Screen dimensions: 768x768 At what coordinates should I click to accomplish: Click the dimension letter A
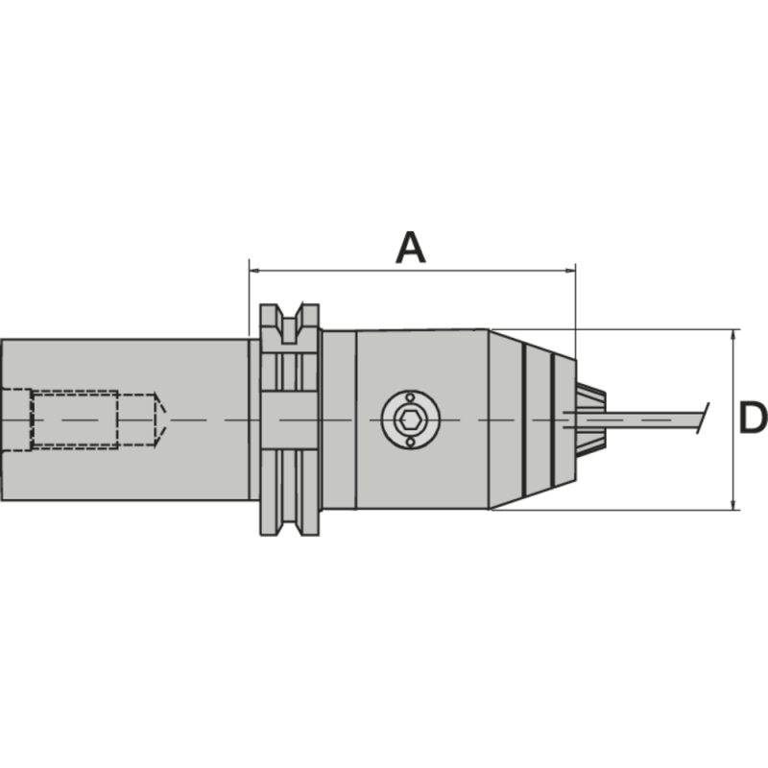(410, 248)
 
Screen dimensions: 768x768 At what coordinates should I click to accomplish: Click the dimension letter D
(753, 419)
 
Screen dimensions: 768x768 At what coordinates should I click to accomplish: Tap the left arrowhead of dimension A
(254, 272)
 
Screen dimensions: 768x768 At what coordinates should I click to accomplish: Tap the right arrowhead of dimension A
(568, 272)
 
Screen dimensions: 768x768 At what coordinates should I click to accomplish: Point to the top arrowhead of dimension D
(734, 336)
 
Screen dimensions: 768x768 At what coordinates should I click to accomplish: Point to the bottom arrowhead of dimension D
(734, 503)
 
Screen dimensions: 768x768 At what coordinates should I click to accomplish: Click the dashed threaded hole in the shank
(75, 420)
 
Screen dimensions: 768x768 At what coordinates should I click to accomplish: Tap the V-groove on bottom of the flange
(289, 524)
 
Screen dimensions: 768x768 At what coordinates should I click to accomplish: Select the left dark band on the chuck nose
(524, 420)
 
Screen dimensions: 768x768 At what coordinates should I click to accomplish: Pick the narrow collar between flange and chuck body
(338, 420)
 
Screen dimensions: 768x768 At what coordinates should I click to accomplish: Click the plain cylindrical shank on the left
(125, 461)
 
